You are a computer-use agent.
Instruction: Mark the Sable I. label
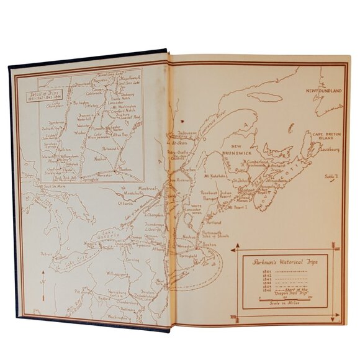[x=331, y=176]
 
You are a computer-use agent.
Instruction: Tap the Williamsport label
[x=115, y=272]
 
